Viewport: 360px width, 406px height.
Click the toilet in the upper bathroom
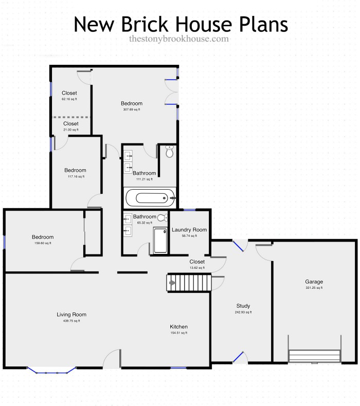170,152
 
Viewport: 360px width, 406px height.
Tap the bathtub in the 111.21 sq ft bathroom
150,196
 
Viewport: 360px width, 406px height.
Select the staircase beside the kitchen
188,282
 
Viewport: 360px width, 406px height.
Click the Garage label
313,282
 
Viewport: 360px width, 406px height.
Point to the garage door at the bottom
314,356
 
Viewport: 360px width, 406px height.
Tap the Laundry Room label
189,230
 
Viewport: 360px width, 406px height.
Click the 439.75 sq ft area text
71,321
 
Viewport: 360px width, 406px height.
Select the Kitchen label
178,327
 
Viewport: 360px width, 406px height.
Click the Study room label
243,306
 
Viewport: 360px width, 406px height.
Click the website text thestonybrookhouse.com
178,39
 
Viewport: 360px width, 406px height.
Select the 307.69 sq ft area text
132,109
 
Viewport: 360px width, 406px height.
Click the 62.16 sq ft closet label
69,99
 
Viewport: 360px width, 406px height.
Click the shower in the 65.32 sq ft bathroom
160,241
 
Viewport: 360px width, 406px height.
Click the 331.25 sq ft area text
313,288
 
